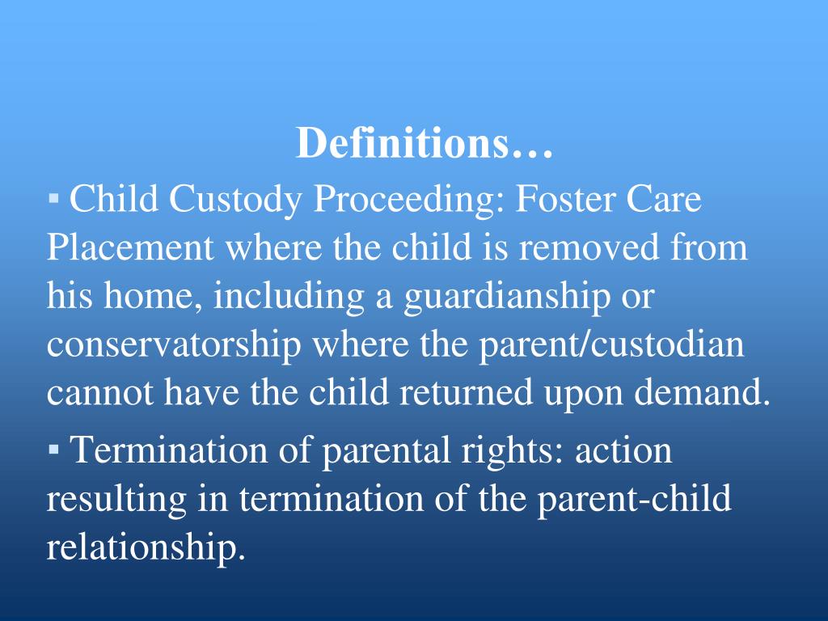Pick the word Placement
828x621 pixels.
[x=129, y=247]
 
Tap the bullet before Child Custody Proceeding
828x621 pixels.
[x=53, y=196]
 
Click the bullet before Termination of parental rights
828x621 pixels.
[x=53, y=447]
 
